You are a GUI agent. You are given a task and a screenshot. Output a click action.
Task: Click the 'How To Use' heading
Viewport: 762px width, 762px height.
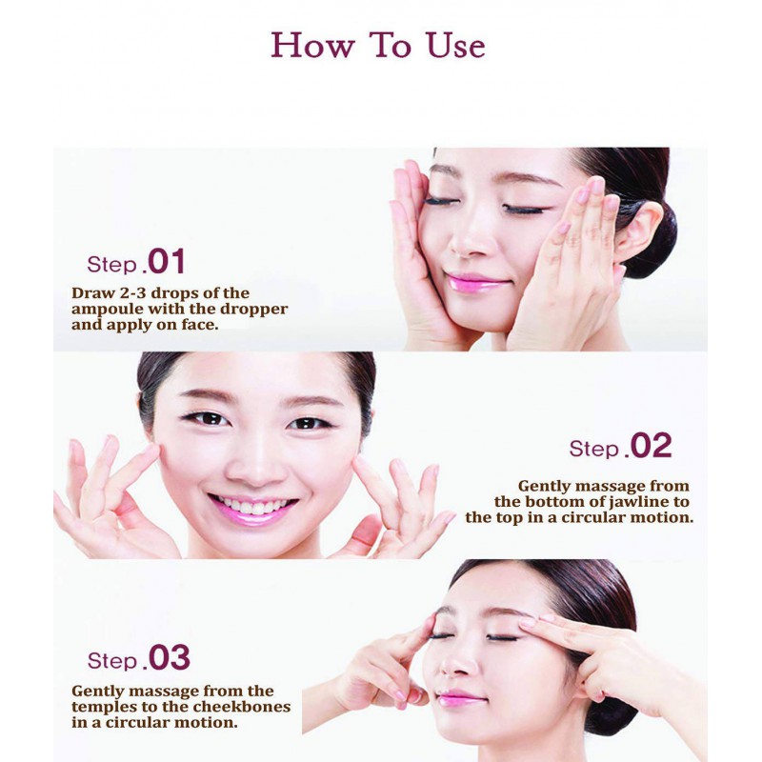tap(377, 46)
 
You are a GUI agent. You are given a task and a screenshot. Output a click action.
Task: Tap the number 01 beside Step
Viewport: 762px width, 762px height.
tap(166, 261)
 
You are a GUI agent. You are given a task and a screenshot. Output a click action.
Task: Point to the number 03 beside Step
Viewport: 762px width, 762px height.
tap(169, 657)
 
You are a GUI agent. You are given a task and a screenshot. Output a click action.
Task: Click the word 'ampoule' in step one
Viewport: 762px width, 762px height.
tap(108, 310)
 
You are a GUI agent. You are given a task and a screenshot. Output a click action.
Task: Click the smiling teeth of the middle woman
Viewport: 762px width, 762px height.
tap(251, 506)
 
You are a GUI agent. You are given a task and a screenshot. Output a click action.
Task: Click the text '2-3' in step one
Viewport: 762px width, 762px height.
tap(131, 293)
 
